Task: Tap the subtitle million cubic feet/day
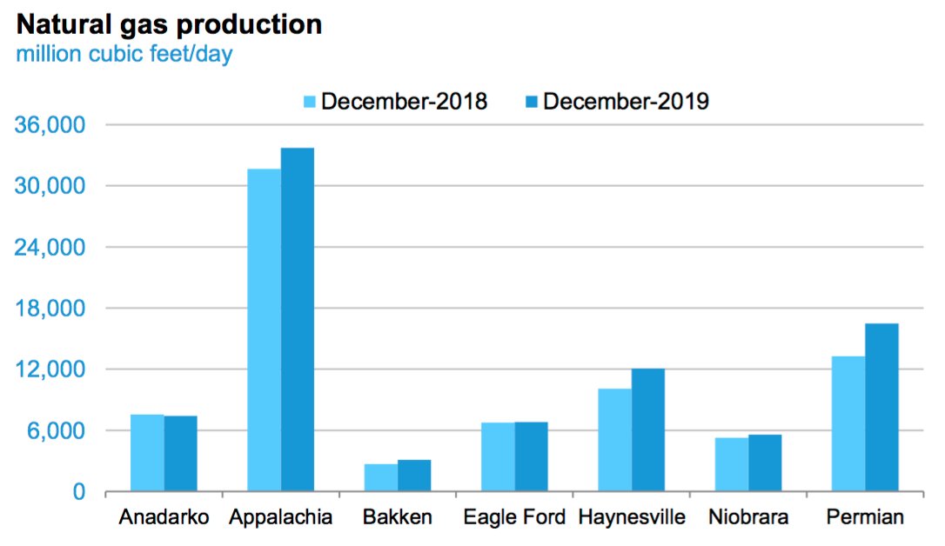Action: click(x=124, y=55)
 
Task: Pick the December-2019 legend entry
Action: click(x=617, y=102)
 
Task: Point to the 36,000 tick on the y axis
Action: click(x=51, y=125)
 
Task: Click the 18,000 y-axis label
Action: click(x=51, y=309)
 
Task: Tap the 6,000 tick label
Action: click(x=57, y=431)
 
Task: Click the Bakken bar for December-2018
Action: click(x=381, y=477)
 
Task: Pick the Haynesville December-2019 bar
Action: click(x=648, y=429)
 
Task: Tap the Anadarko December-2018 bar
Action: click(x=147, y=453)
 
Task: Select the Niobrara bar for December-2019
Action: click(x=765, y=463)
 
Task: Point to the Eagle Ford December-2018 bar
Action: click(x=498, y=456)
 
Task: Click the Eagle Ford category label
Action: click(x=514, y=518)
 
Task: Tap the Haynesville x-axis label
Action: click(x=632, y=518)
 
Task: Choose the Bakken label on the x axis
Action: click(x=397, y=518)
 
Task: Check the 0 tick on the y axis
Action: click(x=78, y=492)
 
